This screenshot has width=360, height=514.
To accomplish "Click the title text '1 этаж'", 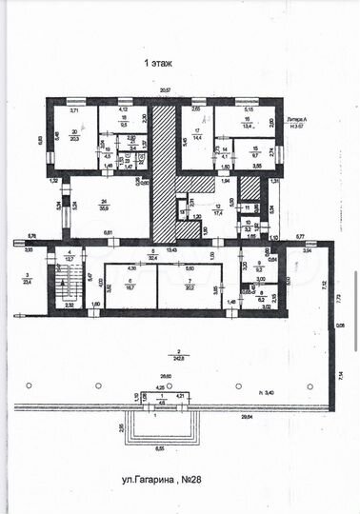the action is point(159,64).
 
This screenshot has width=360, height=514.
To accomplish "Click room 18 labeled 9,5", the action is point(125,123).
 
